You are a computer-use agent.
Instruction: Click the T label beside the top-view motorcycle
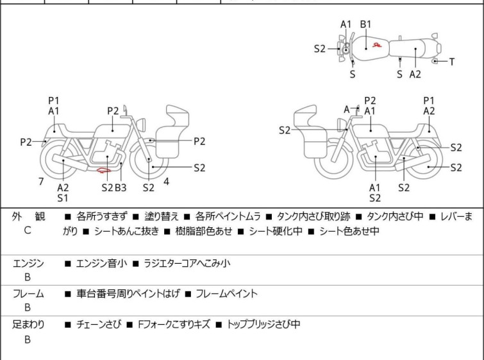point(452,62)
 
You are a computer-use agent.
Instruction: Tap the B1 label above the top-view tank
point(365,24)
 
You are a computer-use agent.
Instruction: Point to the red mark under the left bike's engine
point(103,171)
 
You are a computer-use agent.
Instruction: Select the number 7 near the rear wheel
point(41,182)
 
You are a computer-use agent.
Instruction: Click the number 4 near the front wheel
point(166,181)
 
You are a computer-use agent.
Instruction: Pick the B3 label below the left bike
point(121,187)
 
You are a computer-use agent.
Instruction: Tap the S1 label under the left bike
point(63,198)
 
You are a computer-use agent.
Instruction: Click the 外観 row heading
point(28,217)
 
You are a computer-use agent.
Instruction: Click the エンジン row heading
point(28,263)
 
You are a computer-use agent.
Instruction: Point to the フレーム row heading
point(28,294)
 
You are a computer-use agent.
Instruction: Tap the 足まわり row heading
point(28,325)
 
